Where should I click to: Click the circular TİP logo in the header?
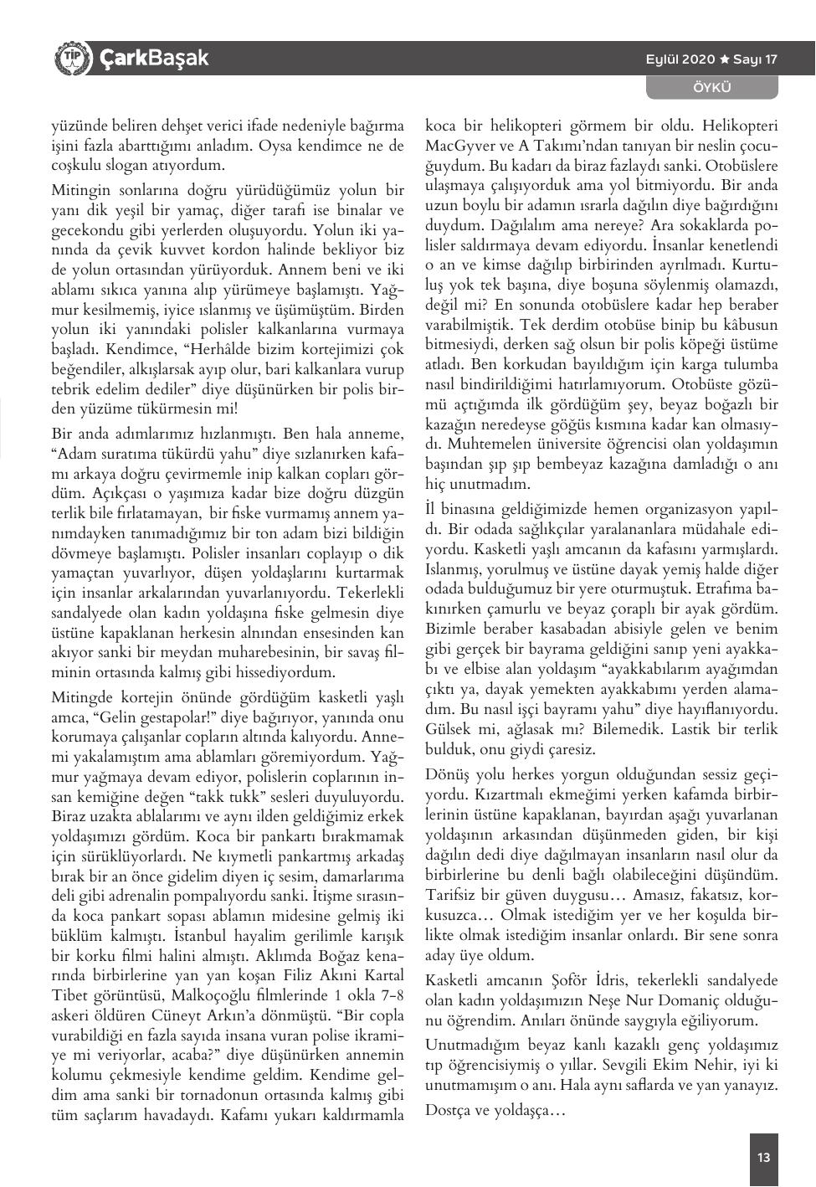point(73,59)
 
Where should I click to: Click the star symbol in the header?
point(726,59)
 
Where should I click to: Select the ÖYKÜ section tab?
point(712,87)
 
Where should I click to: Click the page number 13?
point(763,1158)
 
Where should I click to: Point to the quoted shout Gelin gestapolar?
point(145,717)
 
